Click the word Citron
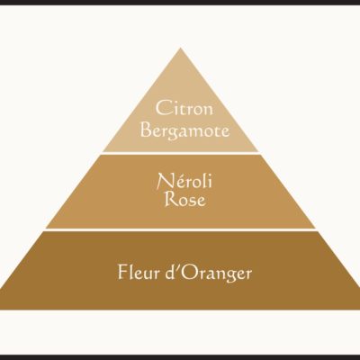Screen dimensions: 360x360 (184, 108)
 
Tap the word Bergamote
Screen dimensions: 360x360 (185, 130)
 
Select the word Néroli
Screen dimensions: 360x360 (184, 181)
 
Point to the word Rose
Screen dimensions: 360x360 (185, 199)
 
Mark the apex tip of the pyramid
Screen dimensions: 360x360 (180, 48)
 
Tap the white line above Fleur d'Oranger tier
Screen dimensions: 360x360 (180, 229)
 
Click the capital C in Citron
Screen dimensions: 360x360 (163, 108)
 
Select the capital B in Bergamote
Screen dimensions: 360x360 (147, 130)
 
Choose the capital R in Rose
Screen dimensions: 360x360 (171, 199)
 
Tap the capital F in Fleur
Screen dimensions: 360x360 (122, 272)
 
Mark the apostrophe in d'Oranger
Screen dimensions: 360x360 (179, 266)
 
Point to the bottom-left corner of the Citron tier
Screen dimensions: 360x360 (103, 151)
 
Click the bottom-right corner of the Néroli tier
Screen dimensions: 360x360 (316, 229)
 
